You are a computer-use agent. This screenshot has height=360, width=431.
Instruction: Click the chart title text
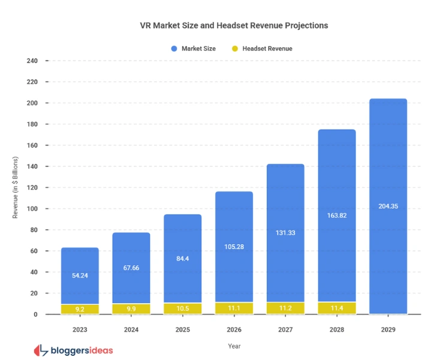[234, 26]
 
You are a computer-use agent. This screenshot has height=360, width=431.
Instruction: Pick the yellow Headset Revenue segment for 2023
[80, 309]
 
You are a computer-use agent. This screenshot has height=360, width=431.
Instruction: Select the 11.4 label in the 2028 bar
[336, 308]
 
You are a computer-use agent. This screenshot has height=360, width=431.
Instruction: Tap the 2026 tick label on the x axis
[234, 329]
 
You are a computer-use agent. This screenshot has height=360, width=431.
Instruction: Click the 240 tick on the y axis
[32, 61]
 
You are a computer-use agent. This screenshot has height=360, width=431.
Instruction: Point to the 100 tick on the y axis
[32, 209]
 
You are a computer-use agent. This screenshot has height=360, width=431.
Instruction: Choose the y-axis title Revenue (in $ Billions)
[16, 188]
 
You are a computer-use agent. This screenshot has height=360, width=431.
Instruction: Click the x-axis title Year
[234, 346]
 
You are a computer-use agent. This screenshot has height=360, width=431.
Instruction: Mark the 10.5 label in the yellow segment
[182, 308]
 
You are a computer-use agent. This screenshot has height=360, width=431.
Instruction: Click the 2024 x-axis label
[131, 329]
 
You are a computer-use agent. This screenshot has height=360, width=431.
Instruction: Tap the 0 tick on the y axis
[35, 314]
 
